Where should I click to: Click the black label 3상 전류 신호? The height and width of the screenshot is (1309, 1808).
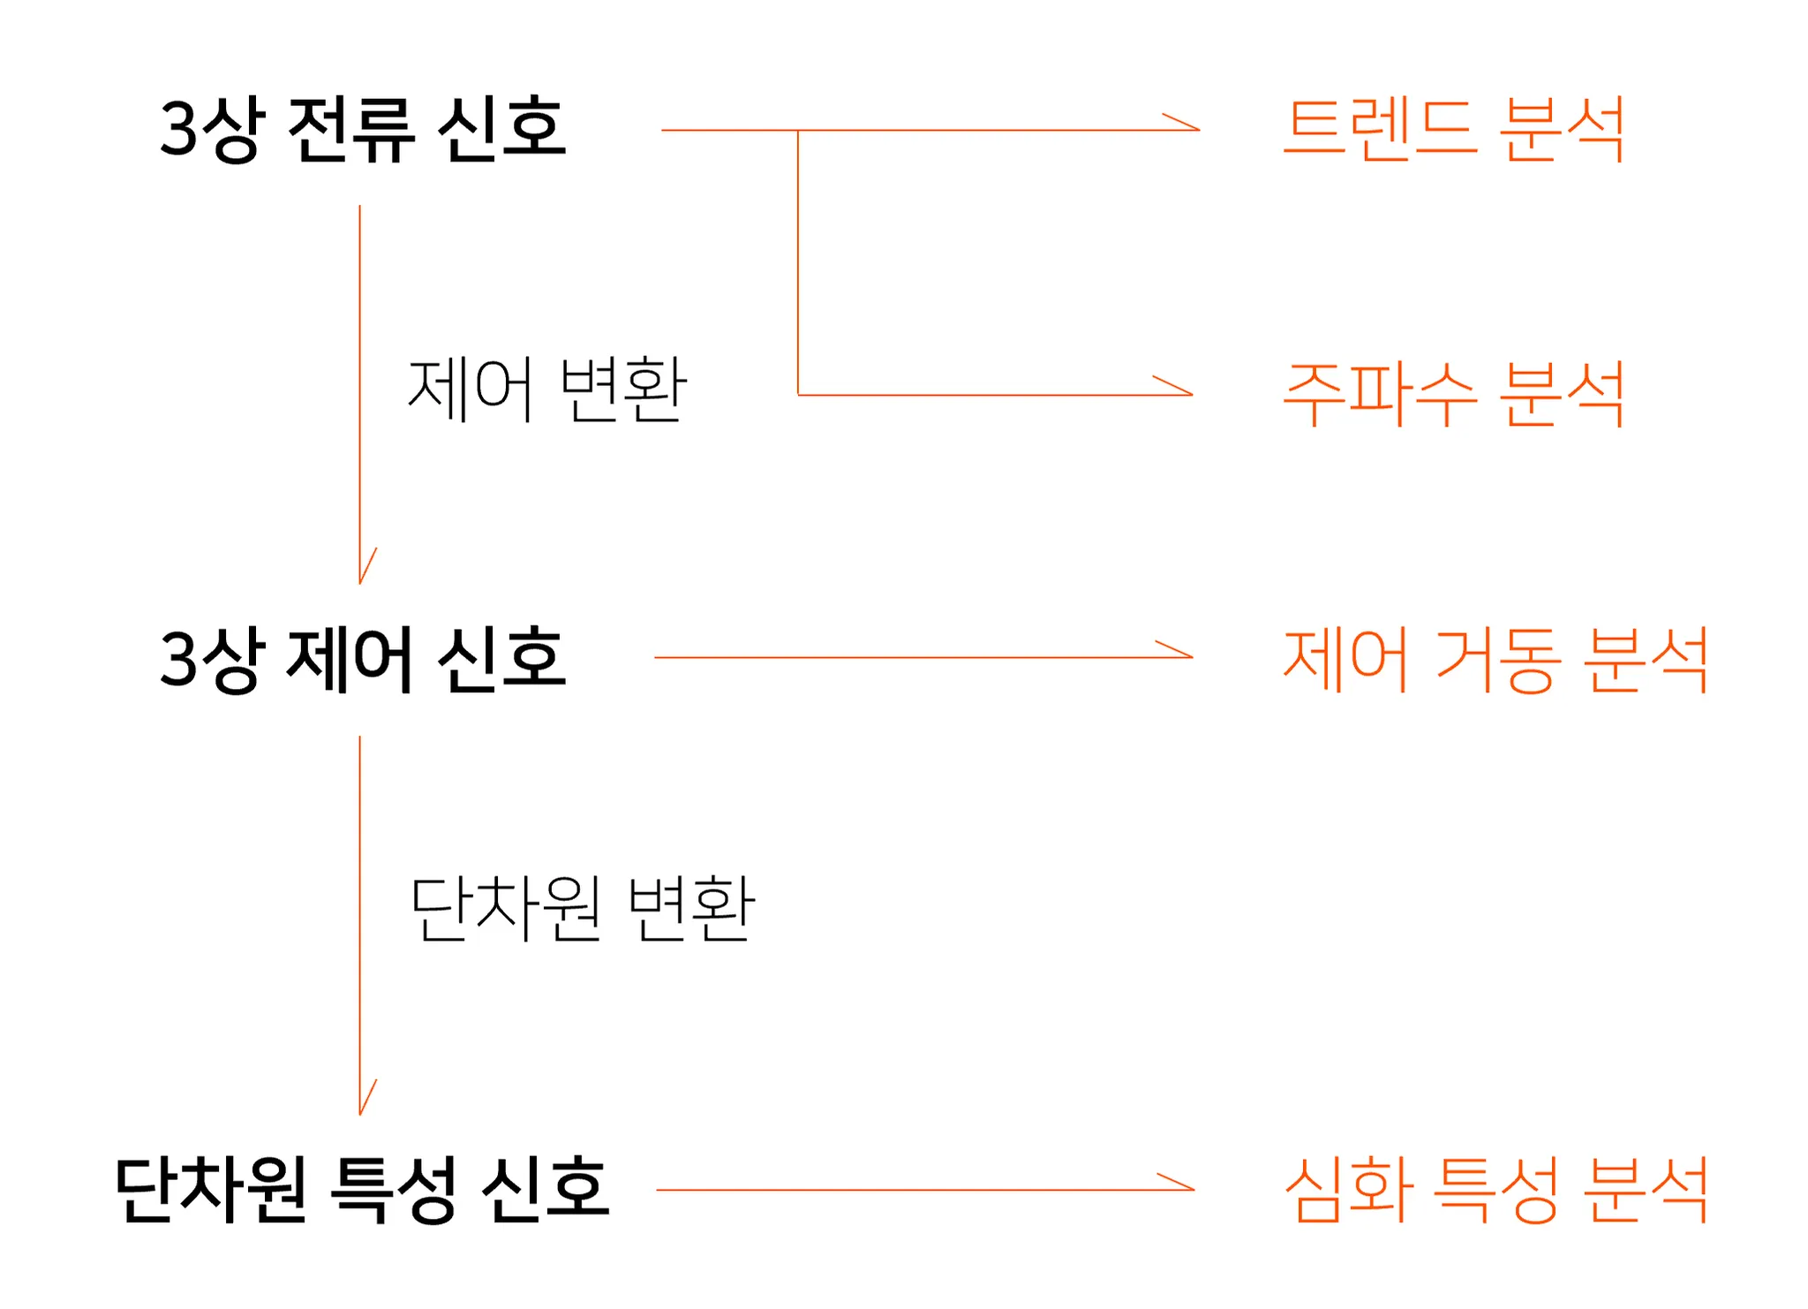(x=362, y=130)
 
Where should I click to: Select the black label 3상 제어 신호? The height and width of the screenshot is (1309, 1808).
(x=362, y=659)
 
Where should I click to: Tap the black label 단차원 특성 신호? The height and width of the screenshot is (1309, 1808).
(x=362, y=1190)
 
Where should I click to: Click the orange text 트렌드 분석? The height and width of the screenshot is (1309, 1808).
(x=1453, y=130)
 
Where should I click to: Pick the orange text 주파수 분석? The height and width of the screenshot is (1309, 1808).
(x=1453, y=394)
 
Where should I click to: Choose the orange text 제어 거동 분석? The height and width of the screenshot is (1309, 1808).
(x=1495, y=659)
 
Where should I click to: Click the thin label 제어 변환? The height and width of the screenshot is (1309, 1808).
(x=546, y=389)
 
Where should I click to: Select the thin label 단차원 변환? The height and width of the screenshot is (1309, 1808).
(x=582, y=908)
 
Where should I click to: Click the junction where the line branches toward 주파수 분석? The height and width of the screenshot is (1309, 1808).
(x=798, y=131)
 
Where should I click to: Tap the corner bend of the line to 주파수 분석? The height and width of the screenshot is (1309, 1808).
(x=798, y=395)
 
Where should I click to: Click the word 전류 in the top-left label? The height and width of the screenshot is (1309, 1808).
(x=350, y=130)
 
